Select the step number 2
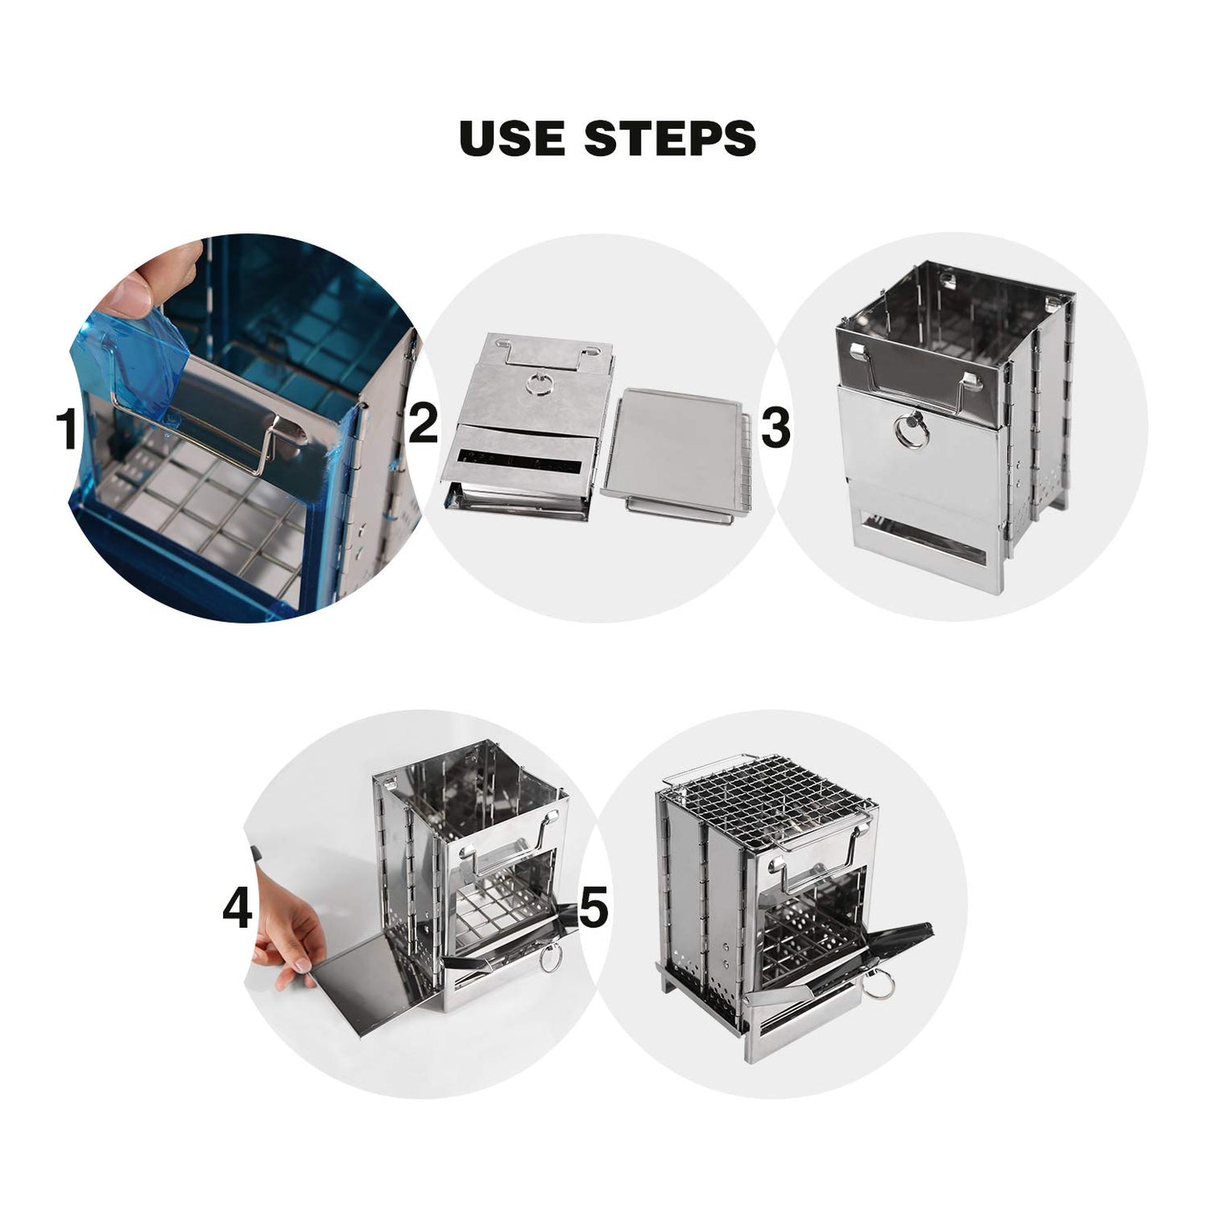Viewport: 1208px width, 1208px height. point(423,424)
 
